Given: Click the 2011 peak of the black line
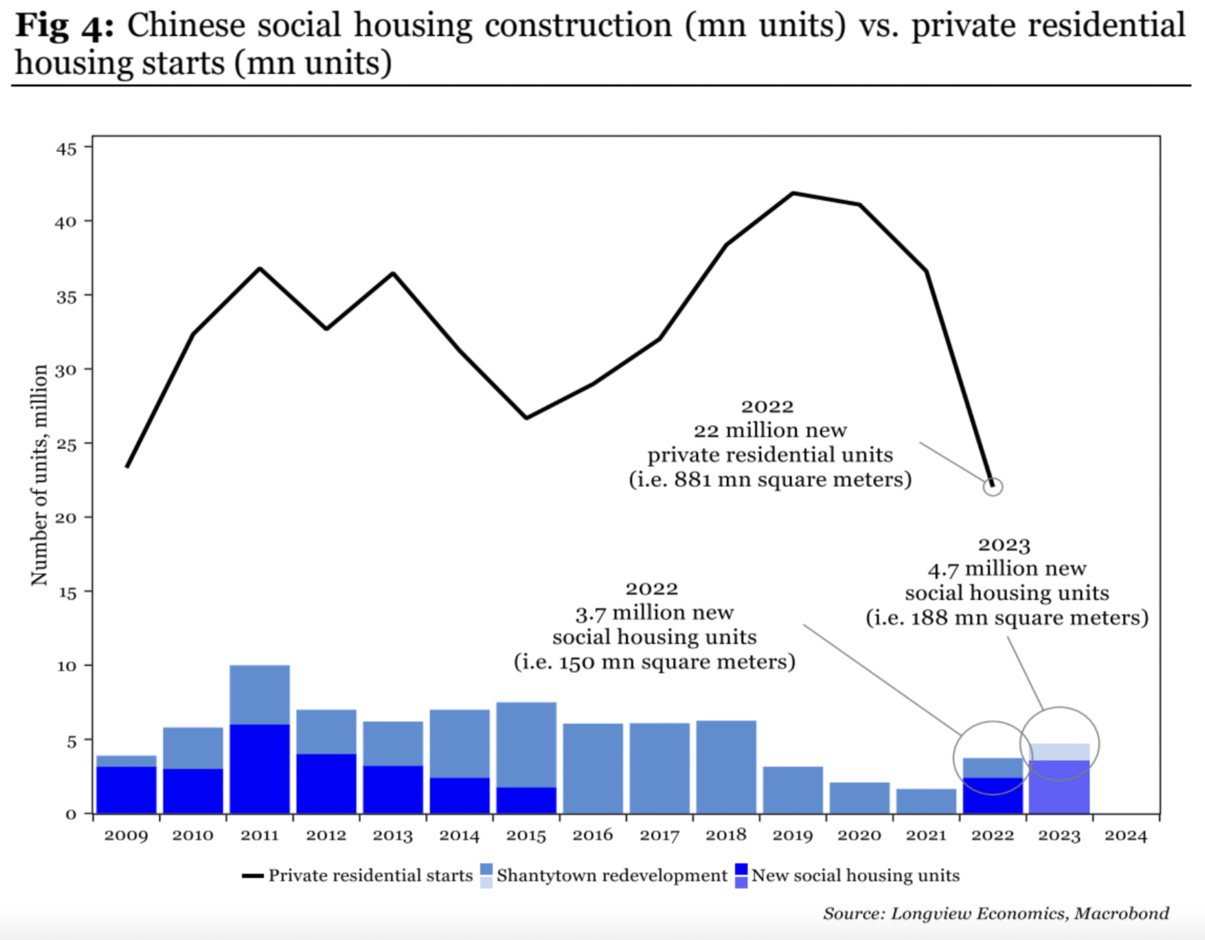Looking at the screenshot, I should (x=260, y=269).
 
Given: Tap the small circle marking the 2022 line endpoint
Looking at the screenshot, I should (x=993, y=486).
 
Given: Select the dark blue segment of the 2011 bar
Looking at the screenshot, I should (x=260, y=768).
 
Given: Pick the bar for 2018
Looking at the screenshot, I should (x=726, y=767).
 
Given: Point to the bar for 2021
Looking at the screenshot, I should (x=926, y=801).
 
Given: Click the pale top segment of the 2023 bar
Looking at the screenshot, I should (x=1060, y=752).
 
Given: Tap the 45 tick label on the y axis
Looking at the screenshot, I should (x=65, y=149).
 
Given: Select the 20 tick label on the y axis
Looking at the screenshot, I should (x=65, y=518).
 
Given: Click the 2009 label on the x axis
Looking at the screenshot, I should (x=126, y=836).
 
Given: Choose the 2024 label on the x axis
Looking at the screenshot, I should (x=1126, y=836).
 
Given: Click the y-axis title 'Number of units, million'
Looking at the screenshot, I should (x=39, y=474).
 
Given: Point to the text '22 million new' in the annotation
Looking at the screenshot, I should (x=770, y=430).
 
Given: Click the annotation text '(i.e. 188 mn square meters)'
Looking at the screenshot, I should (x=1006, y=618).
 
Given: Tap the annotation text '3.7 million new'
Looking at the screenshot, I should (x=654, y=613).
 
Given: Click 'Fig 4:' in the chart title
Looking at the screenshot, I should (x=64, y=26).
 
